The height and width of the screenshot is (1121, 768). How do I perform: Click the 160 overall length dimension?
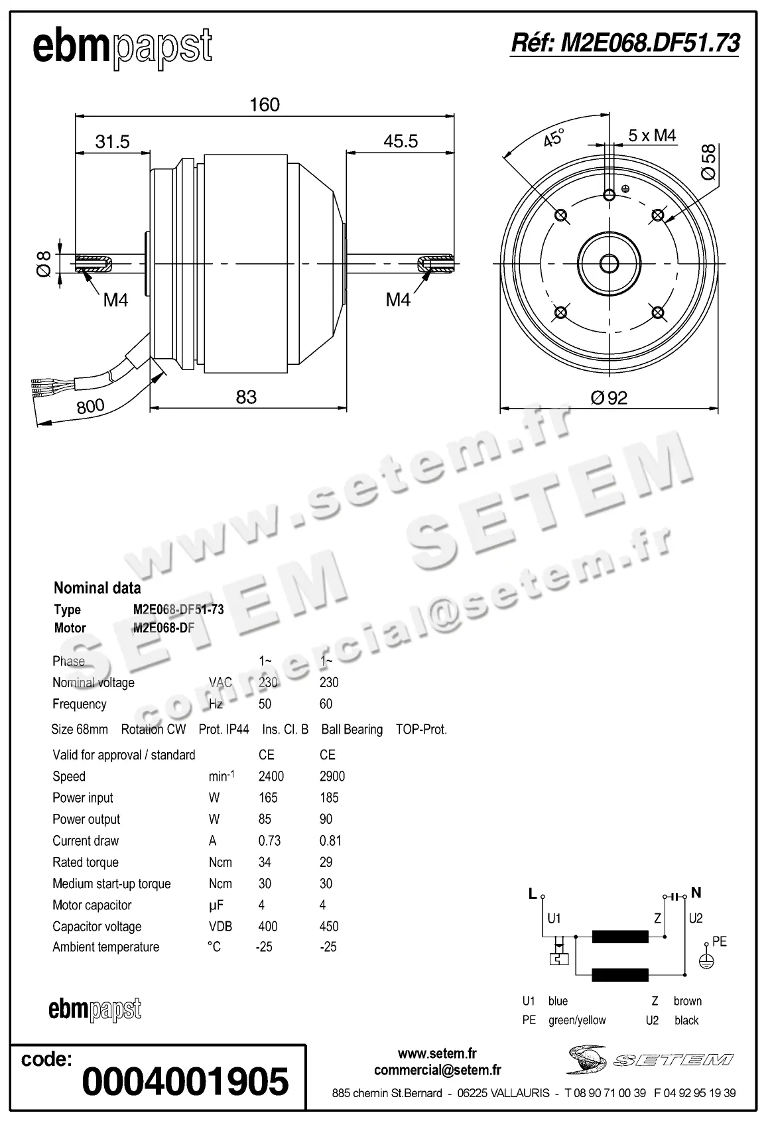pos(264,105)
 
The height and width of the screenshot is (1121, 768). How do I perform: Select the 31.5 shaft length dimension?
pos(112,141)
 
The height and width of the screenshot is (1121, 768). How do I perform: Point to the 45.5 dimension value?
pos(401,141)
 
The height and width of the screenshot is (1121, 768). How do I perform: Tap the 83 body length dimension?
pos(246,397)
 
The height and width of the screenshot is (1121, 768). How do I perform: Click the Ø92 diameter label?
pos(608,397)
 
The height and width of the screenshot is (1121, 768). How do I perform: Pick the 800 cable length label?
pos(90,405)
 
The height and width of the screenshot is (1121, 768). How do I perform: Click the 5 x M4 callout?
pos(652,136)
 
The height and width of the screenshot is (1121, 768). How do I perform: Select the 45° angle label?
pos(553,138)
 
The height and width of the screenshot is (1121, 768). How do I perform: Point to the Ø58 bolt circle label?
pos(708,162)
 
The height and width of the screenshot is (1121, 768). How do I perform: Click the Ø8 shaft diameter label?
pos(44,263)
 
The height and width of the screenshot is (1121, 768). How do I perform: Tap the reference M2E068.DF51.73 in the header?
pos(625,43)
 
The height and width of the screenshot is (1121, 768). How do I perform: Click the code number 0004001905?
pos(185,1081)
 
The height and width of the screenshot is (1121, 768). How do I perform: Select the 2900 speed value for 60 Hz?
pos(332,776)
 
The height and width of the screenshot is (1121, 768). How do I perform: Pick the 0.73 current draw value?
pos(269,840)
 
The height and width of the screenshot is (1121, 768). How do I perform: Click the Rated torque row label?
pos(86,862)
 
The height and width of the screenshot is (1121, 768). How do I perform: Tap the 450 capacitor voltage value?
pos(329,926)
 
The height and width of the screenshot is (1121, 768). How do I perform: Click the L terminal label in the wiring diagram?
pos(532,893)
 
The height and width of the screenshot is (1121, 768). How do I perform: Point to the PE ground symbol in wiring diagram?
pos(707,960)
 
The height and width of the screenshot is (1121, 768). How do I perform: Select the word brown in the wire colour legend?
pos(687,1001)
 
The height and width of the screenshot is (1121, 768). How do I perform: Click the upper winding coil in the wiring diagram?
pos(620,937)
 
